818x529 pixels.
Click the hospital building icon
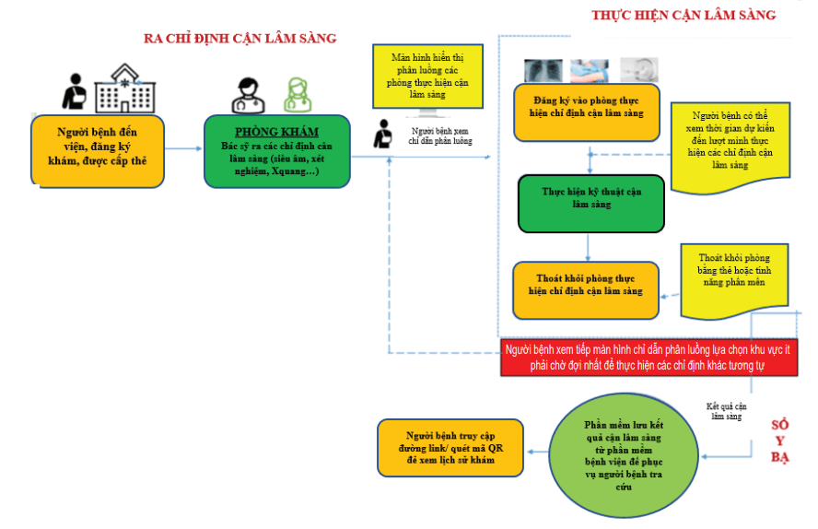pyautogui.click(x=124, y=88)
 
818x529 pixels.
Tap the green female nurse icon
pyautogui.click(x=298, y=95)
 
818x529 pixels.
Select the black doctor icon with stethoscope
pyautogui.click(x=249, y=96)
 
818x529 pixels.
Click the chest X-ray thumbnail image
pyautogui.click(x=543, y=70)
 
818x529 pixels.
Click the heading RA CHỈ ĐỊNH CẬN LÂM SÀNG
pyautogui.click(x=240, y=38)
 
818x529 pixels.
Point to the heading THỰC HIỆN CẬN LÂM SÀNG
pyautogui.click(x=684, y=15)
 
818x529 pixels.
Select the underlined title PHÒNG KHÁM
pyautogui.click(x=276, y=132)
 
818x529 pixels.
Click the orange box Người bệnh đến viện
pyautogui.click(x=98, y=151)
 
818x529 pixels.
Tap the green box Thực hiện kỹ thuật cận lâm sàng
pyautogui.click(x=591, y=204)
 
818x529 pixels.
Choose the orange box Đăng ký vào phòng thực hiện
pyautogui.click(x=587, y=112)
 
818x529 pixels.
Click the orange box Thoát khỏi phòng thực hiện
pyautogui.click(x=586, y=290)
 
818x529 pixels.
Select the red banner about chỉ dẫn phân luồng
pyautogui.click(x=649, y=358)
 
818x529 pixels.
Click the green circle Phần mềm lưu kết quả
pyautogui.click(x=624, y=455)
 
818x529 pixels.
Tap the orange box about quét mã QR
pyautogui.click(x=450, y=448)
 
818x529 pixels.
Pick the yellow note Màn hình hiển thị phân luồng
pyautogui.click(x=427, y=76)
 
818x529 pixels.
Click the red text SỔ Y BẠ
pyautogui.click(x=780, y=441)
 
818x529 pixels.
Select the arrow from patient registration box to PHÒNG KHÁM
pyautogui.click(x=183, y=148)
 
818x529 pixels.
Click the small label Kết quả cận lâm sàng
pyautogui.click(x=726, y=411)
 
